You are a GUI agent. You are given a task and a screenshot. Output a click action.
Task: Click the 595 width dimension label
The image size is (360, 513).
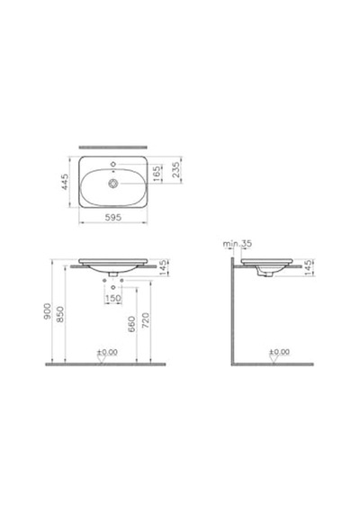(x=112, y=217)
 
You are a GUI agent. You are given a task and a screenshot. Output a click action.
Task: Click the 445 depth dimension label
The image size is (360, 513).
(x=65, y=182)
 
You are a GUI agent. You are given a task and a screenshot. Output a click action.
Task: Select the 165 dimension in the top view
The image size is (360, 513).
(x=157, y=173)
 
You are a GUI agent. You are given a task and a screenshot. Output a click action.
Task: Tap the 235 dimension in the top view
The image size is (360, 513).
(x=176, y=170)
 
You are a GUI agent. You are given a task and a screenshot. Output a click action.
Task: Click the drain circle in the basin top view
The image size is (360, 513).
(x=112, y=184)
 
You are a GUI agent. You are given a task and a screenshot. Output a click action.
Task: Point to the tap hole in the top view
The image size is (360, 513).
(x=113, y=164)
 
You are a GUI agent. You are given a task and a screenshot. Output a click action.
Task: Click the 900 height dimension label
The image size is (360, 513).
(x=48, y=311)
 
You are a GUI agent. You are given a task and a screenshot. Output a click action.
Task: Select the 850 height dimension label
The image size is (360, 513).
(x=60, y=314)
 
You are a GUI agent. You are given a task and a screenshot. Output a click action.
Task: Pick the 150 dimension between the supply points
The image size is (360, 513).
(x=113, y=299)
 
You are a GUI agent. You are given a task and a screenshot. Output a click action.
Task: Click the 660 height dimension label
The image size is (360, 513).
(x=132, y=324)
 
